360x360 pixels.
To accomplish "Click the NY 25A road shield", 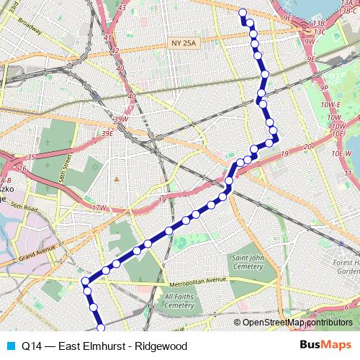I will [x=184, y=44].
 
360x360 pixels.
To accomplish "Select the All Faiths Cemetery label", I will [x=179, y=300].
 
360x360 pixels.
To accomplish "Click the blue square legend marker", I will [x=9, y=346].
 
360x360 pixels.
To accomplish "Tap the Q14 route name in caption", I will [x=31, y=346].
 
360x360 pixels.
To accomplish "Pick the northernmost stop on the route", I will [x=243, y=12].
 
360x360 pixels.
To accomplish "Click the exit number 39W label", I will [x=120, y=118].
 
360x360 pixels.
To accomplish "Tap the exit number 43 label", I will [x=122, y=7].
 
